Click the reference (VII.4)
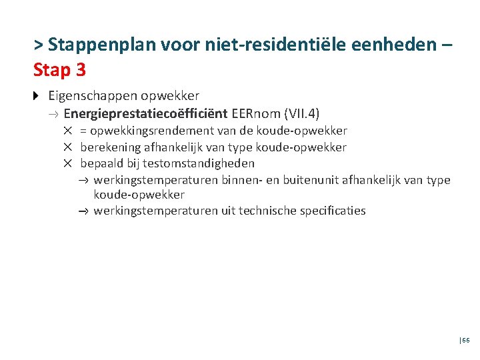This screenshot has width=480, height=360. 304,113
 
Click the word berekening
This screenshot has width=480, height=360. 111,147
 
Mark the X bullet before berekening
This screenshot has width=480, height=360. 68,147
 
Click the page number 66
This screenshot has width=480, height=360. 465,340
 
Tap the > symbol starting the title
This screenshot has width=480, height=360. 39,45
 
